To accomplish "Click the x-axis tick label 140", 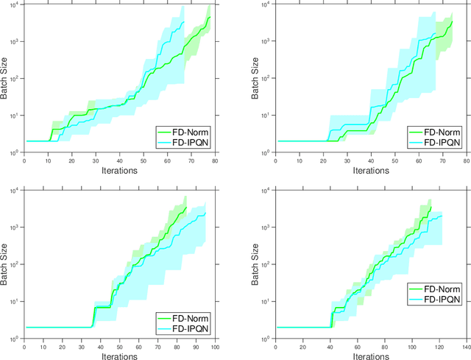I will [466, 346].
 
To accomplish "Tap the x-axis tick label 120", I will [439, 346].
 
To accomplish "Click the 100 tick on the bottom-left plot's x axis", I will [219, 346].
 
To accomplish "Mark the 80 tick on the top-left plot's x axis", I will [218, 160].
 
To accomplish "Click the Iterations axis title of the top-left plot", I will [121, 170].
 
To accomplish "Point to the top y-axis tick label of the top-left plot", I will [17, 5].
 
